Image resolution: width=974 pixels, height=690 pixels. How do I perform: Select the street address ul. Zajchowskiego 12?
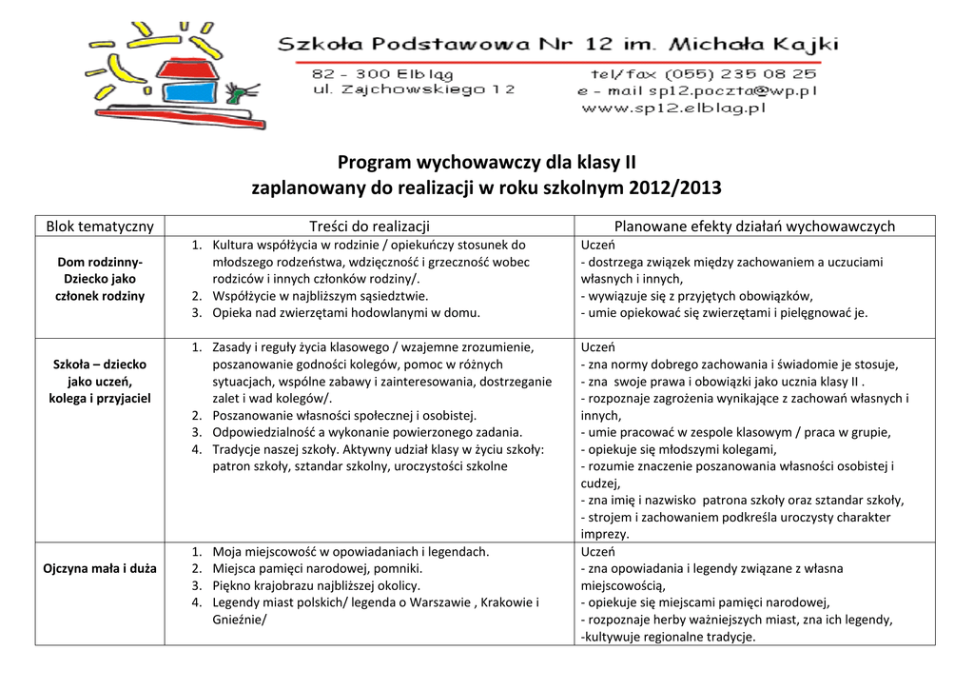[x=414, y=89]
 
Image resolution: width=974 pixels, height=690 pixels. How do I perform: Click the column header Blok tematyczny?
[x=100, y=226]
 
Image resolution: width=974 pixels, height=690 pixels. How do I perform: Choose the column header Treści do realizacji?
[x=369, y=226]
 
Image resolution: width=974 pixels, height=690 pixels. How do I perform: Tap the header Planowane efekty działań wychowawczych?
[x=754, y=226]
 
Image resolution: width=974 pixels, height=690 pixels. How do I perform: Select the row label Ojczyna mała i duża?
[x=100, y=569]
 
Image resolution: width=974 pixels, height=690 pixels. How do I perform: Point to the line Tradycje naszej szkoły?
[x=377, y=449]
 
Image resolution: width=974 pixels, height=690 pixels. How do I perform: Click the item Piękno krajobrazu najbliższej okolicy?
[x=316, y=586]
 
